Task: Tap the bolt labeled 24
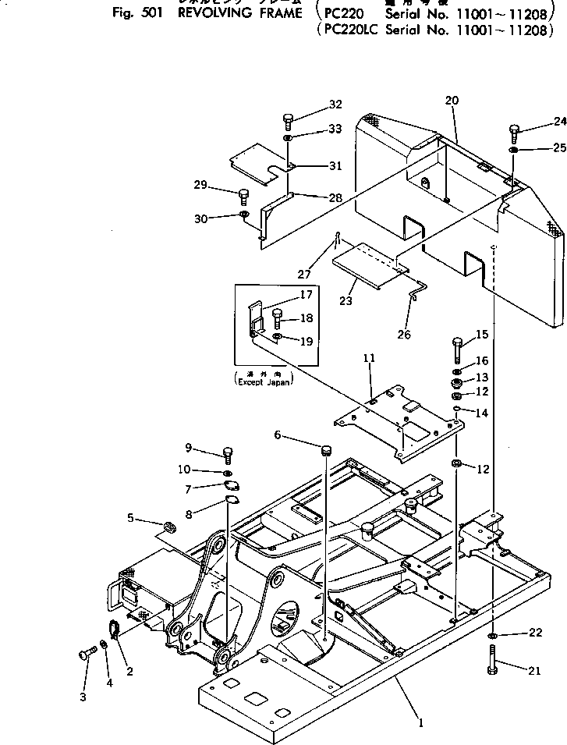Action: pyautogui.click(x=515, y=130)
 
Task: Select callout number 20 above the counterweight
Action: pyautogui.click(x=452, y=100)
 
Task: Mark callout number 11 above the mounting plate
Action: pyautogui.click(x=368, y=357)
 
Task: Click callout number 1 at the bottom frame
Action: pyautogui.click(x=420, y=723)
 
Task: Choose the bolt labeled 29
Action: pyautogui.click(x=243, y=194)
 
